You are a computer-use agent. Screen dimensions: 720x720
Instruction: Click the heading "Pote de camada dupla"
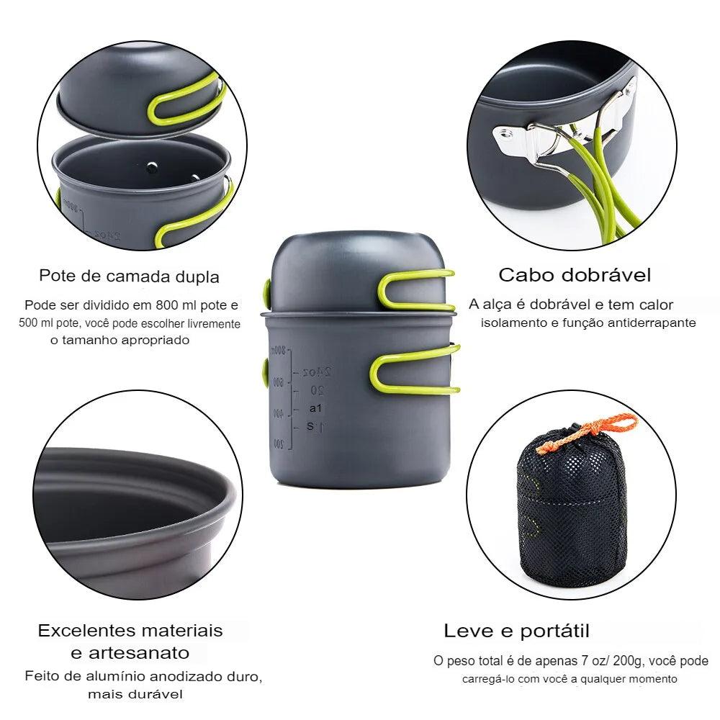click(x=129, y=276)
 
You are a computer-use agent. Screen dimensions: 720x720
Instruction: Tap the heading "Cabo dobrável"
click(x=575, y=275)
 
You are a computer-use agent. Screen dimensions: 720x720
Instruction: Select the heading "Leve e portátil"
click(x=516, y=631)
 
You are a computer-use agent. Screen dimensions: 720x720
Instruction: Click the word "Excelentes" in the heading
click(x=91, y=631)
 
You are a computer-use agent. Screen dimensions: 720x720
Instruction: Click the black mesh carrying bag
click(x=571, y=508)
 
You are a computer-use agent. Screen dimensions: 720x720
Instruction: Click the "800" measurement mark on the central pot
click(x=278, y=351)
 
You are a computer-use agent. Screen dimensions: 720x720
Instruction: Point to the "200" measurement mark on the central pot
click(x=279, y=444)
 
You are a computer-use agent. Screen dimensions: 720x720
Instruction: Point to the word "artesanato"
click(x=139, y=652)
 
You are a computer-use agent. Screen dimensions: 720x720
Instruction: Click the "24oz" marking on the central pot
click(x=318, y=372)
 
